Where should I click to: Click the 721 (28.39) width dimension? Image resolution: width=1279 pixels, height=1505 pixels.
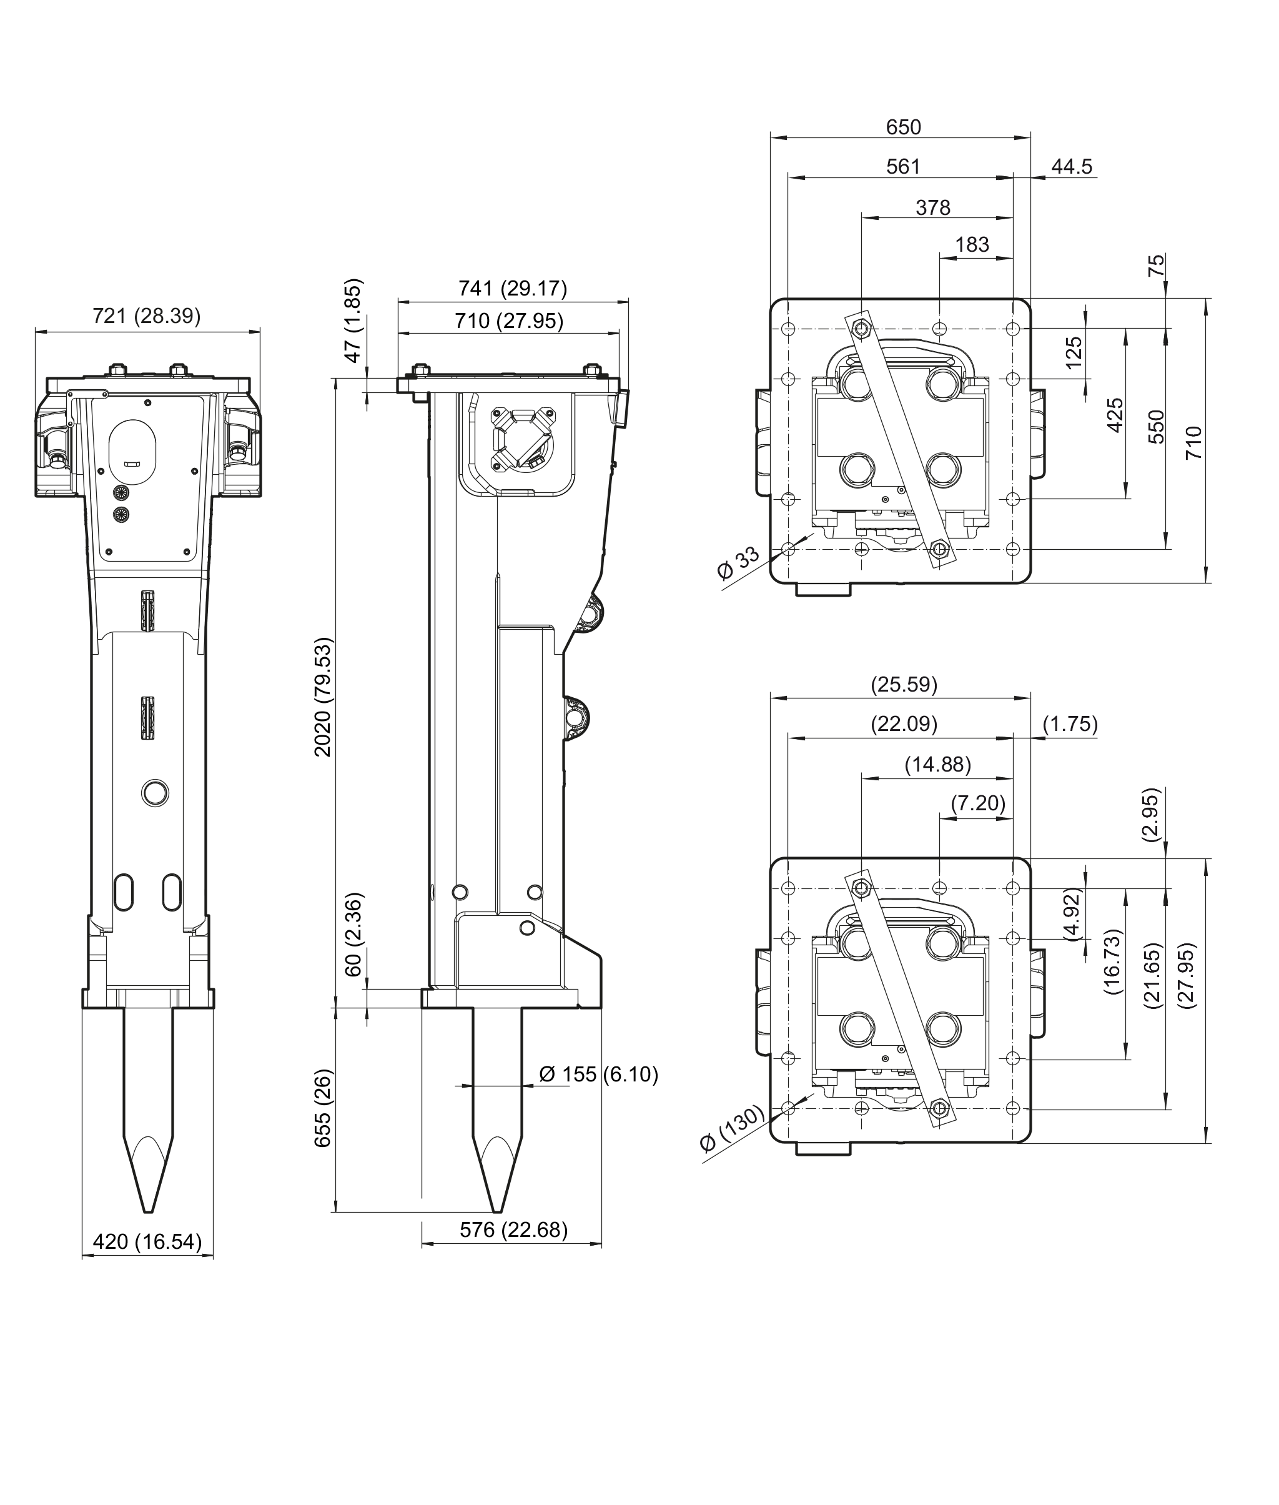147,316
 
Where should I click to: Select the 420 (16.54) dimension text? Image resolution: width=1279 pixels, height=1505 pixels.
147,1242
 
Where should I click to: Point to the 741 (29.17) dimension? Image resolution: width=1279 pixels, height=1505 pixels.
513,289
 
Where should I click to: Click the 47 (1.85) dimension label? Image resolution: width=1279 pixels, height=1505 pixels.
353,320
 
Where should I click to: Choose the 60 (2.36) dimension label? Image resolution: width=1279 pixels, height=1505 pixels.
353,935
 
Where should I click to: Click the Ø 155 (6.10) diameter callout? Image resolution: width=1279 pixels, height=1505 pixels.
598,1074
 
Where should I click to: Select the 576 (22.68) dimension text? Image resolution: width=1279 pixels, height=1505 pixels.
513,1229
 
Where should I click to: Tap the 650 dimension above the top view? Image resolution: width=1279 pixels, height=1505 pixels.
904,127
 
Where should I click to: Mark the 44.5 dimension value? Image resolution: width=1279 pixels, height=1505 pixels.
1072,167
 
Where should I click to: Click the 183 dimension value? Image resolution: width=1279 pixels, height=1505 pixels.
972,245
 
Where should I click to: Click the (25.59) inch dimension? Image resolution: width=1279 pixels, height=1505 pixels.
904,685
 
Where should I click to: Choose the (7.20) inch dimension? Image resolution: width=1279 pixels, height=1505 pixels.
978,803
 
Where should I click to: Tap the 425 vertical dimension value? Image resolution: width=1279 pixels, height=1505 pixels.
1115,415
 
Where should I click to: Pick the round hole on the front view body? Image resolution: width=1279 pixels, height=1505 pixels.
155,793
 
